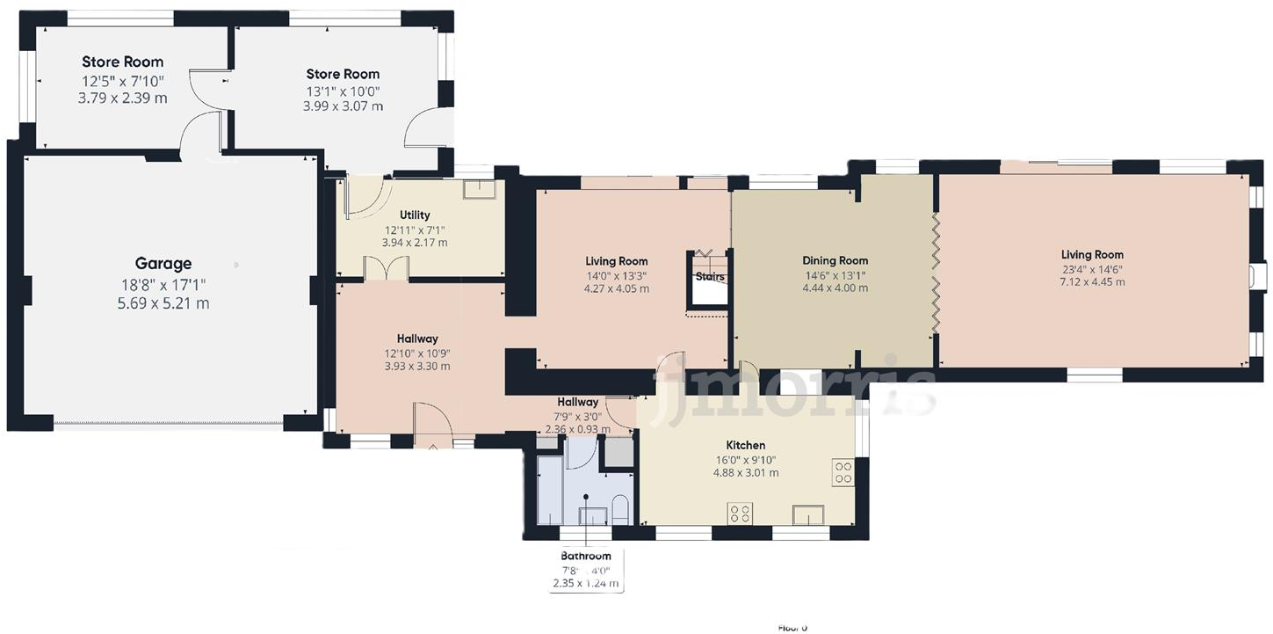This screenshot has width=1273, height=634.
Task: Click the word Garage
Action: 163,263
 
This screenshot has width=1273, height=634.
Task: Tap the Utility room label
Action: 415,215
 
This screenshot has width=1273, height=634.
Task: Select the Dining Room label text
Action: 835,260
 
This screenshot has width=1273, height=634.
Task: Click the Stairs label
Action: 710,276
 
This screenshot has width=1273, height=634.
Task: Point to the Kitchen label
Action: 745,445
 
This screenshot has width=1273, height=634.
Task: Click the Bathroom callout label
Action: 586,556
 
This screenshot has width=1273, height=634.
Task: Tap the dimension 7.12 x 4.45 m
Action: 1092,282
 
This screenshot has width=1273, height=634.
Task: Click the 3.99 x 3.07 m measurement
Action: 343,106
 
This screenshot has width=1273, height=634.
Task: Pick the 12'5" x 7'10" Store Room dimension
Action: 122,81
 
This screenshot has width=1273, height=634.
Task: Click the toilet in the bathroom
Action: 619,510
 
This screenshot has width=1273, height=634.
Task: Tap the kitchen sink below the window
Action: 807,514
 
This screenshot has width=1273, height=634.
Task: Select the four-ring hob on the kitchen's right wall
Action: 843,472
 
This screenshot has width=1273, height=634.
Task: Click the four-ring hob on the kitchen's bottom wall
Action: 738,512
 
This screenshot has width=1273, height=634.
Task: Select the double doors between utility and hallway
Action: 386,269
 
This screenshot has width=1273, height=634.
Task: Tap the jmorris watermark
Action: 795,387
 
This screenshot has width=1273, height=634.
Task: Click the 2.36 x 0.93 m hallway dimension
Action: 577,429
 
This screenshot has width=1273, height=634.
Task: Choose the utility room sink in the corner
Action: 479,192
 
